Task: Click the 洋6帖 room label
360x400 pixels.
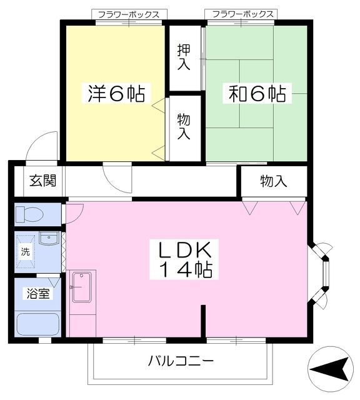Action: (116, 94)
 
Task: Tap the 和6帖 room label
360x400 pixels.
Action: (257, 94)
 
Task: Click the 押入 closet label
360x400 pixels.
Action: (184, 56)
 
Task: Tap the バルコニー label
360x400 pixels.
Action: (181, 361)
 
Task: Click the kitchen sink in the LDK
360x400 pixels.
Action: (81, 287)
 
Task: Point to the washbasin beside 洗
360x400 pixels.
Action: (49, 239)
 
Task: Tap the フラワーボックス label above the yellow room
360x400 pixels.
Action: (129, 14)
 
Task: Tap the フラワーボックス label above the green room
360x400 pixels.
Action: (242, 14)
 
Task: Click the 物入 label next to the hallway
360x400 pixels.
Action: (273, 182)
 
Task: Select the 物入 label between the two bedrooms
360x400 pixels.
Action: (184, 126)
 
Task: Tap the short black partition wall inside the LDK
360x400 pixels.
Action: (203, 322)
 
